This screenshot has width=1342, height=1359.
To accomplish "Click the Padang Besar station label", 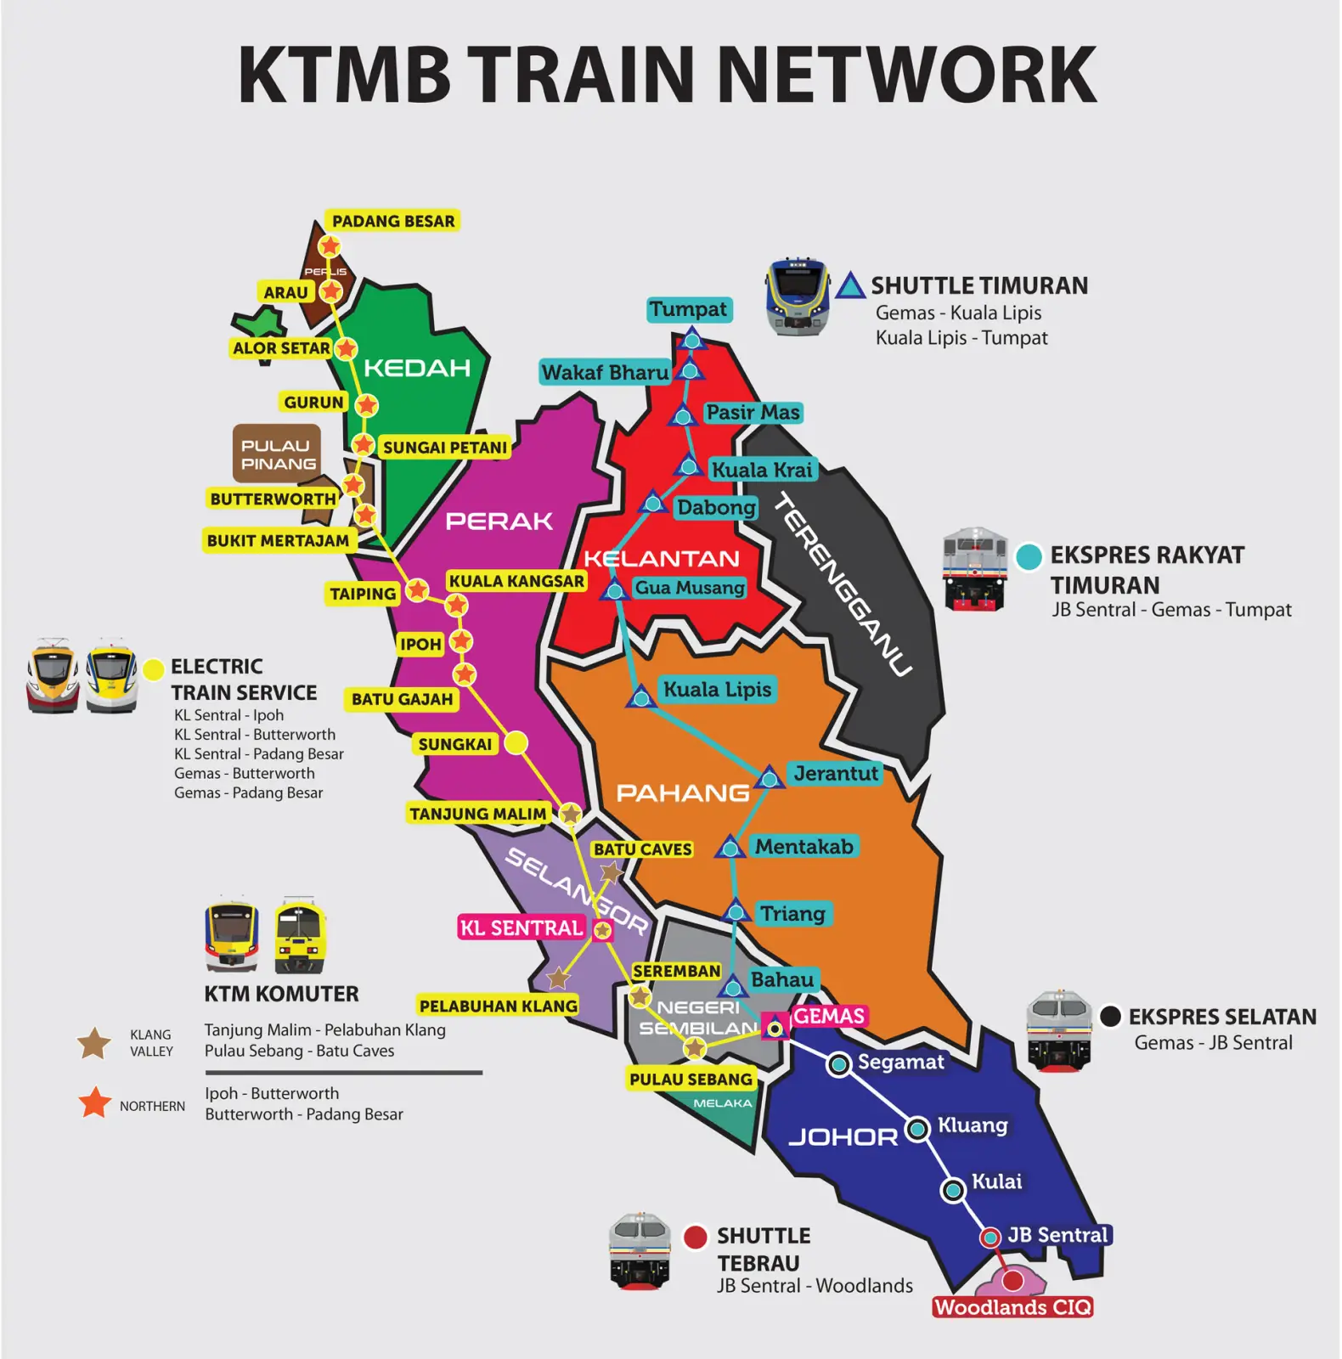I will tap(392, 222).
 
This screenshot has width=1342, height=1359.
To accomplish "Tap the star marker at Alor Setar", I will tap(346, 348).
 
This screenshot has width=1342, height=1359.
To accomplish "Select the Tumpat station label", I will tap(688, 309).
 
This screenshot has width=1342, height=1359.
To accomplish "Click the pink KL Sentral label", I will tap(521, 928).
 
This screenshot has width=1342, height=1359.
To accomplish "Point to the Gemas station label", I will tap(828, 1016).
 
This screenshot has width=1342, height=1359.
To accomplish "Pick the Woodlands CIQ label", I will tap(1012, 1307).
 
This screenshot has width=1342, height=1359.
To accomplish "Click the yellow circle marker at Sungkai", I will tap(516, 743).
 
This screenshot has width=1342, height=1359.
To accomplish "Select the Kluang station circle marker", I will tap(917, 1129).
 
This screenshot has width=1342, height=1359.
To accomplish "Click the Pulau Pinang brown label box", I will tap(278, 454).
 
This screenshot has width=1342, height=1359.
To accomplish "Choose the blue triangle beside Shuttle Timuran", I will tap(849, 286).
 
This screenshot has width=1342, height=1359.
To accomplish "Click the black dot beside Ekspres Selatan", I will tap(1110, 1016).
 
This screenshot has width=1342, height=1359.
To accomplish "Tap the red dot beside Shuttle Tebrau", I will tap(696, 1237).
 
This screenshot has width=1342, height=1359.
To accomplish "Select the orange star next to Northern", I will tap(95, 1103).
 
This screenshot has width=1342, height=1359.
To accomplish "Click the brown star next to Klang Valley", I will tap(94, 1043).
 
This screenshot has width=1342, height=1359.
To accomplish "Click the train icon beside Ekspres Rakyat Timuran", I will tap(975, 569).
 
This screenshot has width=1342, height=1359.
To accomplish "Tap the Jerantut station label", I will tap(835, 773).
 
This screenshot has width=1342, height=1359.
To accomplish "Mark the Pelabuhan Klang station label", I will tap(498, 1006).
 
